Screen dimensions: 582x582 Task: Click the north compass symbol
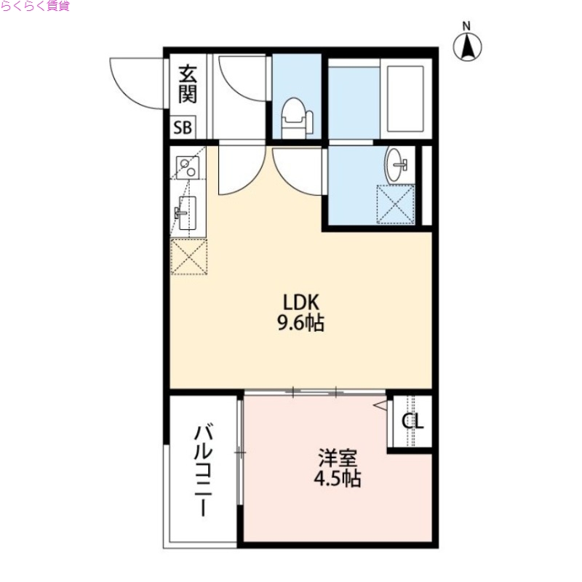tap(469, 48)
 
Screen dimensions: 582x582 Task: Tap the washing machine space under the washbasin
tap(395, 204)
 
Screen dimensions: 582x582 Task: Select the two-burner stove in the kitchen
tap(188, 168)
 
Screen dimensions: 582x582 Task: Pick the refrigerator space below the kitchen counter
tap(188, 256)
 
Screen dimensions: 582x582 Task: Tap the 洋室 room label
tap(338, 459)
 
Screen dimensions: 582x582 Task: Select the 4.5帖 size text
tap(338, 479)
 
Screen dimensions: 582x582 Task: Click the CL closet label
tap(413, 421)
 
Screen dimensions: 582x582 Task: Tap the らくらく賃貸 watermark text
tap(35, 7)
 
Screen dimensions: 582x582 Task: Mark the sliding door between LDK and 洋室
tap(314, 392)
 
